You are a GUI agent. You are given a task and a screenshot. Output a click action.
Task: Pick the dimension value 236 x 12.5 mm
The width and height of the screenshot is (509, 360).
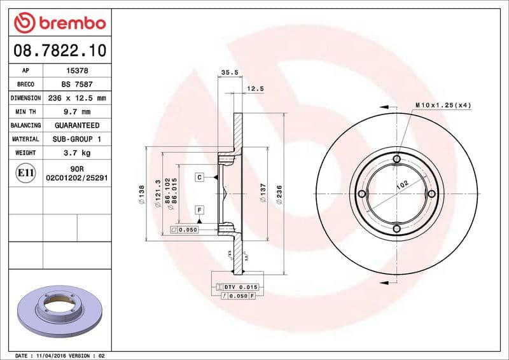77,98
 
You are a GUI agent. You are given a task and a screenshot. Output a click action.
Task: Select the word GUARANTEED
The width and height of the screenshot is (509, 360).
77,125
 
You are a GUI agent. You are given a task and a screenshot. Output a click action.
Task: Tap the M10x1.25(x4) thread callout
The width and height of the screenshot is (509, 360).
443,105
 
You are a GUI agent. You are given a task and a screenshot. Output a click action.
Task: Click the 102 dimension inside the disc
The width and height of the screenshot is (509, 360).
402,186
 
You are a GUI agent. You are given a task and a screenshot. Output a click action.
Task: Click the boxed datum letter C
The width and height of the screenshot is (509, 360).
199,177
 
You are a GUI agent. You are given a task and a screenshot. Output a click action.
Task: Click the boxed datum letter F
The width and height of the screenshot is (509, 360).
199,209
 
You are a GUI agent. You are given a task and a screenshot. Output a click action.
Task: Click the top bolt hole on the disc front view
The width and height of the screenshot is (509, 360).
396,159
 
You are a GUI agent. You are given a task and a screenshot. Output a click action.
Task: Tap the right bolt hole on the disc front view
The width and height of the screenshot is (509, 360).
431,193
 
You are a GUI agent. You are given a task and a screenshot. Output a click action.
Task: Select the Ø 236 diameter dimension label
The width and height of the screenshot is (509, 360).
279,194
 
